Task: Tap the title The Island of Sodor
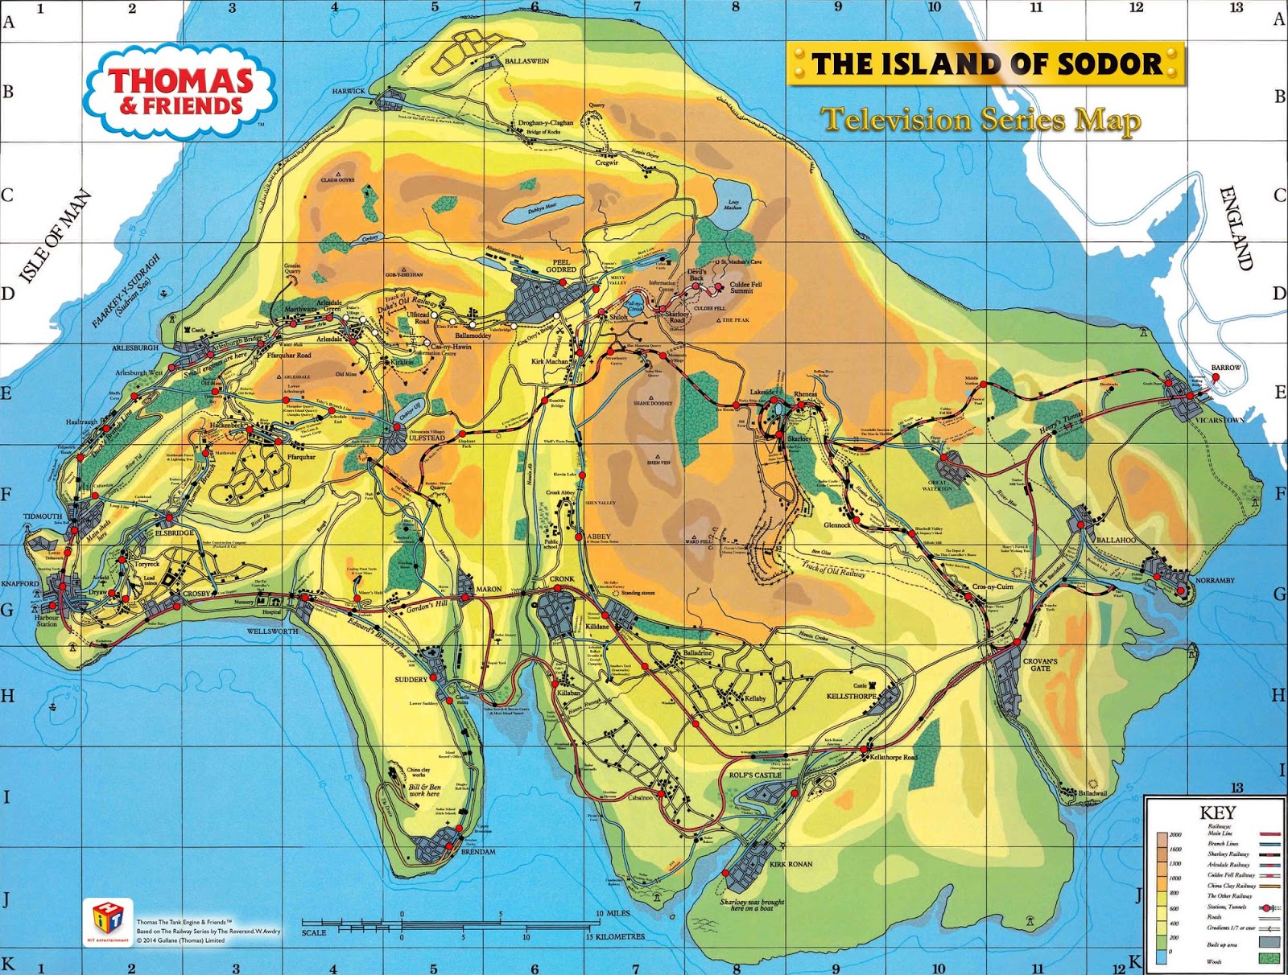(986, 64)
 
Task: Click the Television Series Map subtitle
(980, 121)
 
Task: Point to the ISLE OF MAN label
(55, 237)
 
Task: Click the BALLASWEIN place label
(526, 61)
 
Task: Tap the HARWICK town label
(349, 92)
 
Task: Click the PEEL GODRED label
(561, 266)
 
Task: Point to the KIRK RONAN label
(791, 864)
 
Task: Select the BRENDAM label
(478, 851)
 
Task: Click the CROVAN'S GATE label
(1040, 664)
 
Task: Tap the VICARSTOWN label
(1220, 420)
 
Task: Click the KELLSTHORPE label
(851, 696)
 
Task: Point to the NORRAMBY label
(1215, 580)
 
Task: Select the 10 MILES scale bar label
(613, 914)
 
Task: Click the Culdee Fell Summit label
(745, 287)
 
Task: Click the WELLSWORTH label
(272, 631)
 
